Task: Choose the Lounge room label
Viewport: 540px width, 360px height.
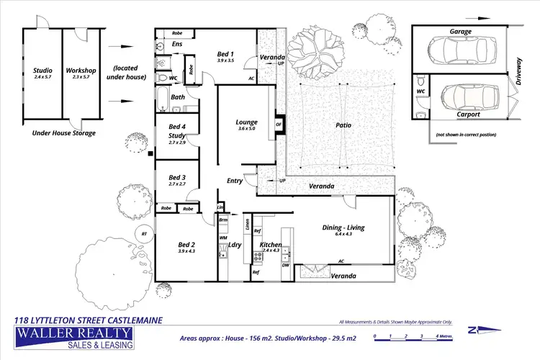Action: point(247,122)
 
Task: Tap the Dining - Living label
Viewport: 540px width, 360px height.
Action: point(344,228)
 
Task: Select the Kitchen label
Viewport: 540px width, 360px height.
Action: point(270,245)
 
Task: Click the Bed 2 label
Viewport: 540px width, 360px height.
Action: point(186,246)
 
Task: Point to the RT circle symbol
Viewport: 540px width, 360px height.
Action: point(144,233)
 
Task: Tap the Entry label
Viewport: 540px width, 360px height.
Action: point(235,181)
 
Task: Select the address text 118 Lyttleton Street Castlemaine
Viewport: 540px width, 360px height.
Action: point(89,320)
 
